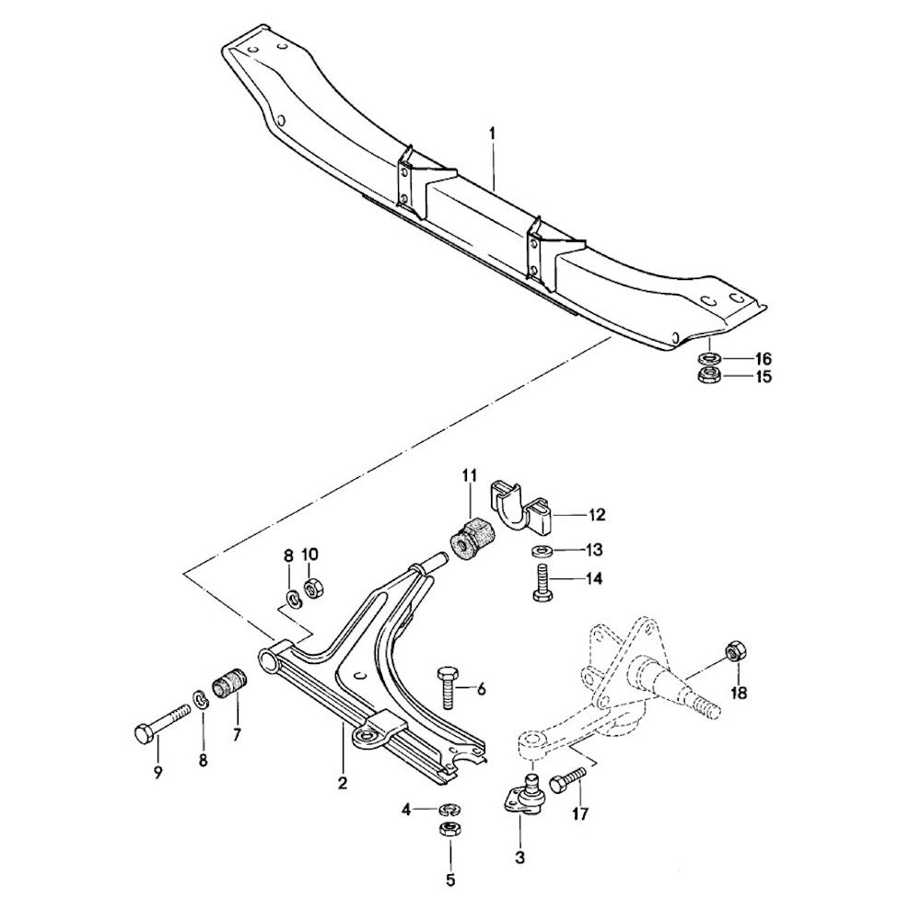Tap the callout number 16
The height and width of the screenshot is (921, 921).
(764, 357)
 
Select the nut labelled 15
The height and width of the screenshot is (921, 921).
(709, 375)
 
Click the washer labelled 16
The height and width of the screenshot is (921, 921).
(709, 357)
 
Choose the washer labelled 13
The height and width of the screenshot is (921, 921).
(540, 552)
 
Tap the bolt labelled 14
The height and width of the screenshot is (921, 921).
(541, 585)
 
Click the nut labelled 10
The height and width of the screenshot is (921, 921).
(311, 587)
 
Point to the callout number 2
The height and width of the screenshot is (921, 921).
(342, 784)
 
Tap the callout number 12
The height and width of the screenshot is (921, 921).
(597, 514)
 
